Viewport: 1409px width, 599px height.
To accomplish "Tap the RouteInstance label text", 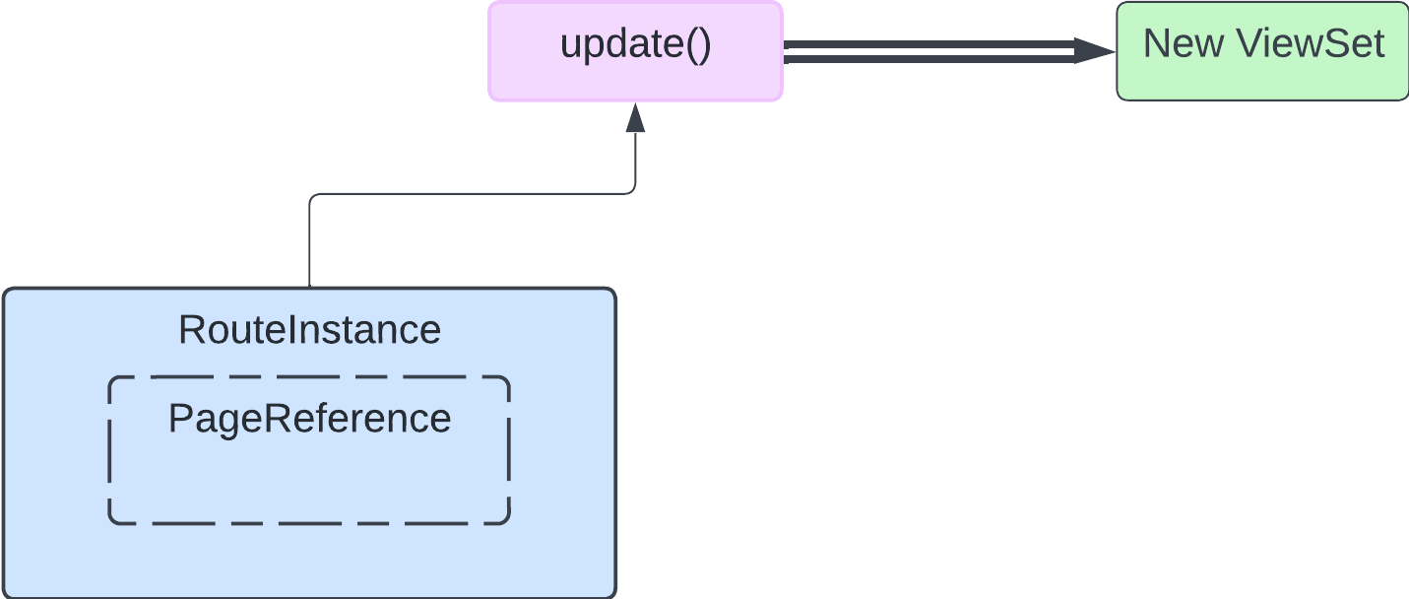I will [309, 330].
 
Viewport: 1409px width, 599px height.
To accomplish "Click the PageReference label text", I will [309, 419].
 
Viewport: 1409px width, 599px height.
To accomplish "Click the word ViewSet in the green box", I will [1310, 44].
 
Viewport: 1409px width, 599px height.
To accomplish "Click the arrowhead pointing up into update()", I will [635, 117].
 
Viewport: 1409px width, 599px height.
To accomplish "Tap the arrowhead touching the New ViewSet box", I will [1094, 50].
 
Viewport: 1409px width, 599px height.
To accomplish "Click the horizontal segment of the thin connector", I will [473, 194].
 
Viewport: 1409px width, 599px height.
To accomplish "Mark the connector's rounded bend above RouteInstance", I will [313, 198].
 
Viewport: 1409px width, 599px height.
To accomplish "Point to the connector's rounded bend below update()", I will [632, 190].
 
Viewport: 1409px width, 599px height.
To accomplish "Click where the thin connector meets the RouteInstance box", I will [310, 287].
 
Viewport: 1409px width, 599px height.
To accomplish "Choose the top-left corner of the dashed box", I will [112, 380].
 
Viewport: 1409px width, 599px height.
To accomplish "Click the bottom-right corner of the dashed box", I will [505, 519].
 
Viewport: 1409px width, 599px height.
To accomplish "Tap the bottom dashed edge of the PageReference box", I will [309, 523].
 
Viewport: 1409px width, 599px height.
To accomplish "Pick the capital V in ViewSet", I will [1249, 44].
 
